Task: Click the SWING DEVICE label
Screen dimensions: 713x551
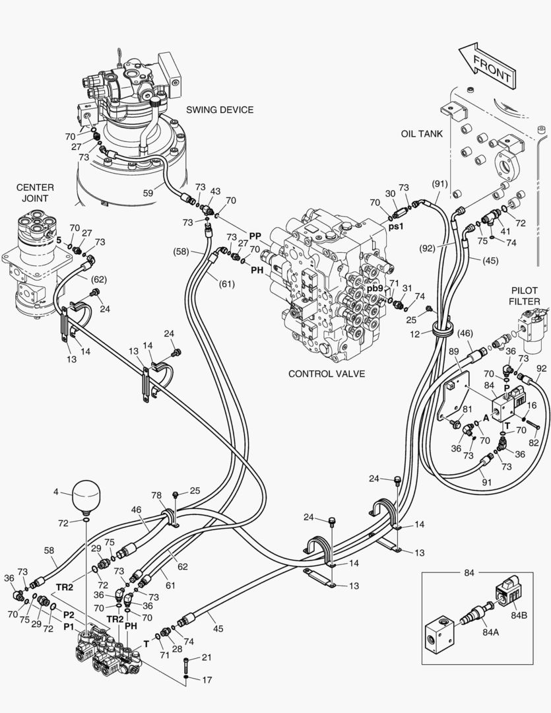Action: (x=220, y=110)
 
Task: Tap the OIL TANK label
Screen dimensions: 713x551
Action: (x=421, y=134)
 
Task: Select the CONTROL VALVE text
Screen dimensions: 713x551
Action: (x=327, y=374)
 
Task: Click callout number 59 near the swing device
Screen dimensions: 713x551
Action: (x=149, y=193)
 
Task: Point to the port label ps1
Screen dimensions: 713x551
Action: (x=395, y=226)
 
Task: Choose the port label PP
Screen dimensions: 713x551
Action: (x=255, y=235)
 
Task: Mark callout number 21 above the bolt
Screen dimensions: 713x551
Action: (x=207, y=658)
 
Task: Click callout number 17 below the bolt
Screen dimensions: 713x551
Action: (x=207, y=679)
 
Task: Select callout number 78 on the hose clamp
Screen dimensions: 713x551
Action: (x=156, y=495)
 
